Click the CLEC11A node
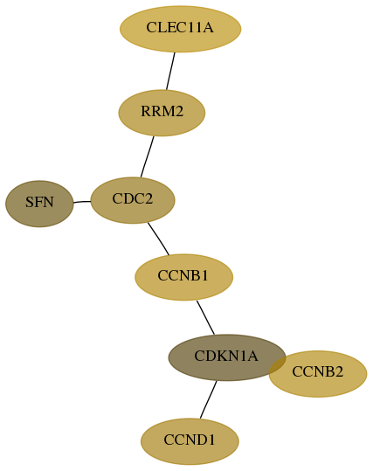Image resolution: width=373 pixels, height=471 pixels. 181,29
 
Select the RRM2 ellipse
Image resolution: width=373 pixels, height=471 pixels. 162,113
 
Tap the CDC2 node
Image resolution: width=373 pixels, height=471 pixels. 133,200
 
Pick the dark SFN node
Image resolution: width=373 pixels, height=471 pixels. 39,204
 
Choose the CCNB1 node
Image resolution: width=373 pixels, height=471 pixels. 183,277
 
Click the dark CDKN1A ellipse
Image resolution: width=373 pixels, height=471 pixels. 227,357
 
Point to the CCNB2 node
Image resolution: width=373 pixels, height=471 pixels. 318,374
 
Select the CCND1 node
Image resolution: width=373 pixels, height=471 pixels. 190,441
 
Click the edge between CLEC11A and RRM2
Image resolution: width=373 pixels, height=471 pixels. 170,71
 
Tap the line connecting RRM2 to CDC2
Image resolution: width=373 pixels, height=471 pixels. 147,156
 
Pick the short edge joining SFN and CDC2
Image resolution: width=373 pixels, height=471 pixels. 82,202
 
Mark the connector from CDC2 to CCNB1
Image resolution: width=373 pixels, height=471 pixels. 159,239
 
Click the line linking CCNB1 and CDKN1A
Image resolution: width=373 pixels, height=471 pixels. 205,317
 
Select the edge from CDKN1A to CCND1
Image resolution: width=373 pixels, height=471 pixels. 209,399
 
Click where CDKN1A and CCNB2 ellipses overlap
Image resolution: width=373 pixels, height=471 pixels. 278,366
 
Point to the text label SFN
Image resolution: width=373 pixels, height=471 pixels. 39,202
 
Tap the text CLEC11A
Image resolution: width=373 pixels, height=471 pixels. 180,27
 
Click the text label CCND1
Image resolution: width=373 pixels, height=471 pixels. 190,440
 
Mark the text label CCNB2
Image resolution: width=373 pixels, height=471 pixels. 317,372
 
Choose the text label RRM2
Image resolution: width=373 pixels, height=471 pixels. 162,112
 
